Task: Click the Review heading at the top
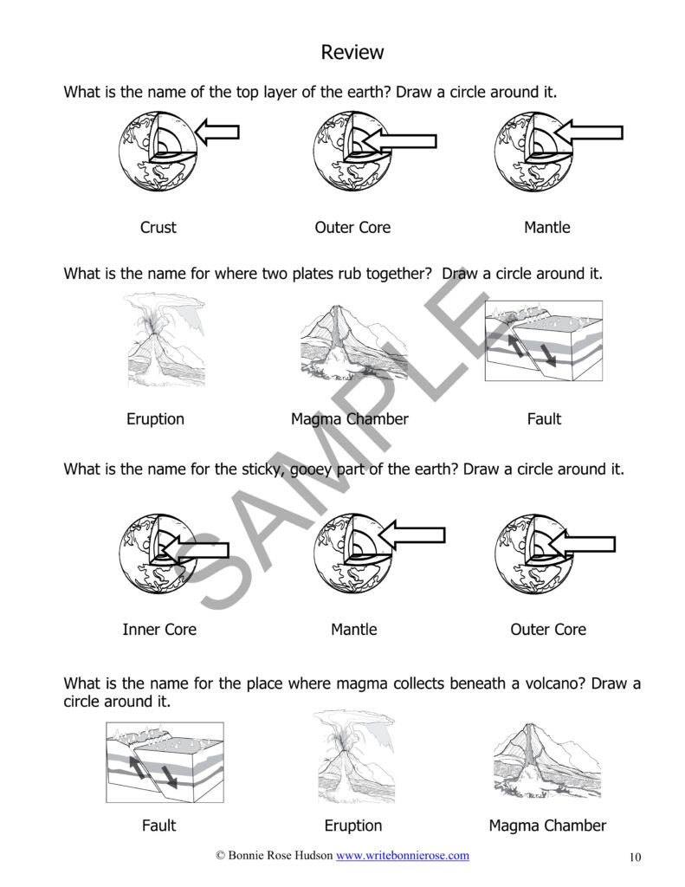tap(352, 52)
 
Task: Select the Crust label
tap(158, 228)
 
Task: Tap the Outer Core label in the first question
tap(352, 228)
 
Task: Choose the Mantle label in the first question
tap(547, 228)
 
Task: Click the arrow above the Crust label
tap(217, 133)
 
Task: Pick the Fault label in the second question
tap(544, 419)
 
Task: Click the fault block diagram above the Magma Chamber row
tap(544, 340)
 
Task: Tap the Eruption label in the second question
tap(156, 419)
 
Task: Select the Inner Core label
tap(159, 630)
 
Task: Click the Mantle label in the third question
tap(354, 630)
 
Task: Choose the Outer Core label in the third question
tap(548, 630)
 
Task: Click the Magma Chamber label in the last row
tap(547, 825)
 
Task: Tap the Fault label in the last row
tap(159, 825)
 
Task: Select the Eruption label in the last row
tap(353, 825)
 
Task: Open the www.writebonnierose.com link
tap(403, 855)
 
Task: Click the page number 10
tap(636, 857)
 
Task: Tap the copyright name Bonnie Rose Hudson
tap(281, 855)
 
